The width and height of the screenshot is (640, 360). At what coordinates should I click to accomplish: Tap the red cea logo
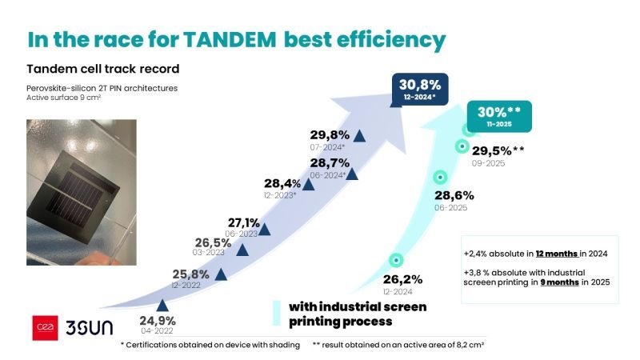click(x=46, y=328)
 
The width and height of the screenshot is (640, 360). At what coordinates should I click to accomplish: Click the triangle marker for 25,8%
click(x=221, y=274)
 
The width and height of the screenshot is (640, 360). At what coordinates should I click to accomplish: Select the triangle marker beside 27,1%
click(x=264, y=229)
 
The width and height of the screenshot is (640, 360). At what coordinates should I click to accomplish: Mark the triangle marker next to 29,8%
click(x=359, y=136)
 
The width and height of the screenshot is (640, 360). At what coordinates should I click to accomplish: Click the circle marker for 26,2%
click(x=395, y=261)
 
